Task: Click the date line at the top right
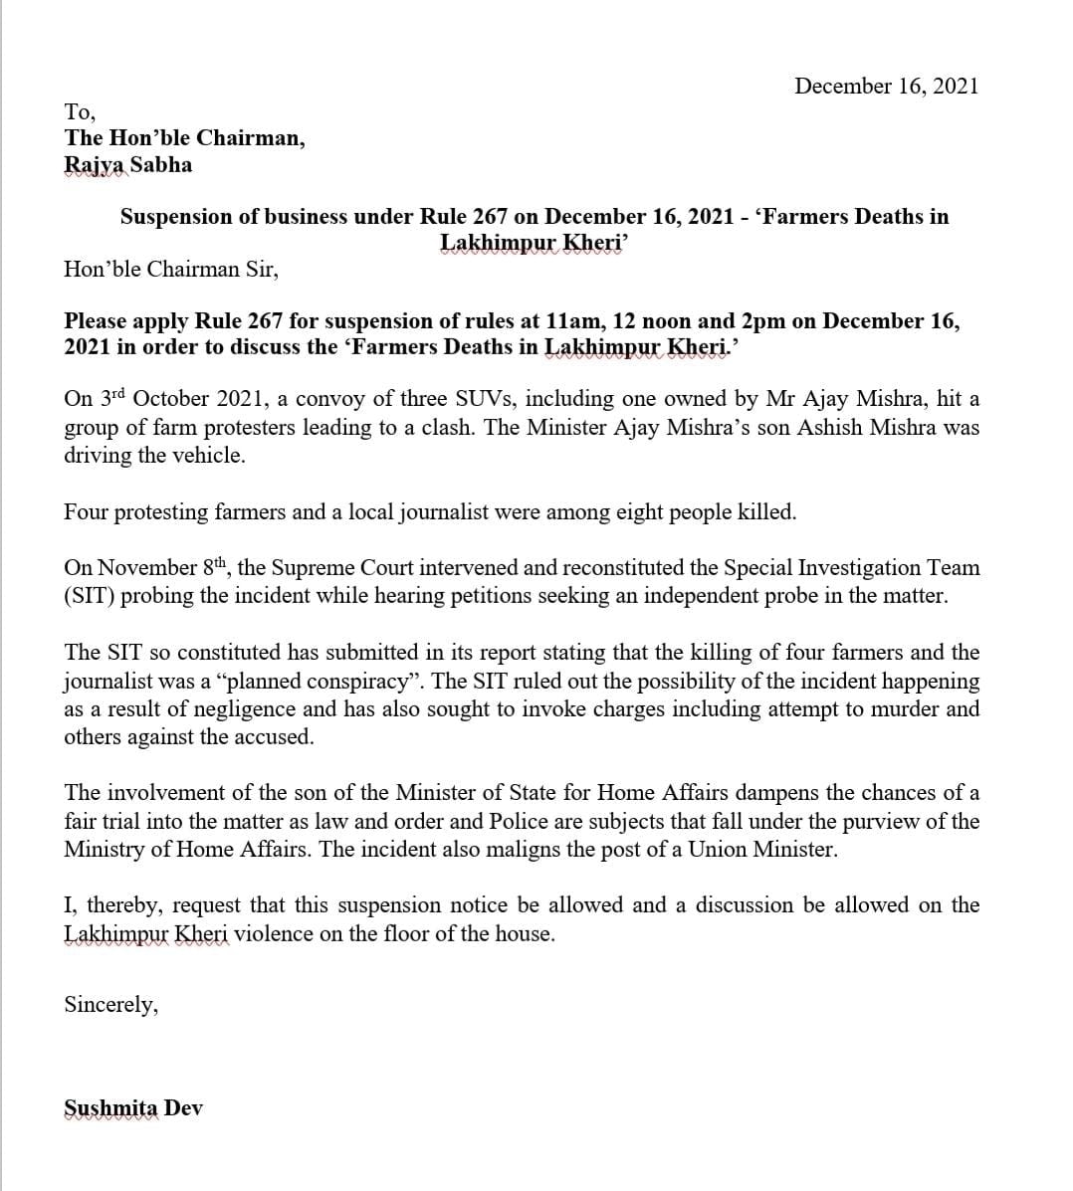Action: [x=886, y=86]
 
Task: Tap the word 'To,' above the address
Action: [x=80, y=110]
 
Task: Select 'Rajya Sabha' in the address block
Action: [x=127, y=165]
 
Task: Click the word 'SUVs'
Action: [x=484, y=399]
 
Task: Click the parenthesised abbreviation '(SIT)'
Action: [x=87, y=597]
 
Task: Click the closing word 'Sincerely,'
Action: [x=110, y=1005]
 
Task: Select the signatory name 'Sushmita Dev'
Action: [x=133, y=1108]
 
